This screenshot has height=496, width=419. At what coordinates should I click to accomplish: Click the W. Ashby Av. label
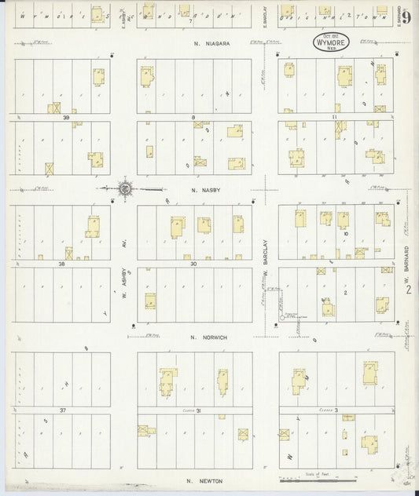(x=124, y=287)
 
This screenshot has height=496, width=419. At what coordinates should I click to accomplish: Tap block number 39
(x=67, y=118)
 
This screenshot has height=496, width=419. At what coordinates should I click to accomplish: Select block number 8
(x=193, y=118)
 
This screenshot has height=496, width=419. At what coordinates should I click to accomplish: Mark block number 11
(x=334, y=118)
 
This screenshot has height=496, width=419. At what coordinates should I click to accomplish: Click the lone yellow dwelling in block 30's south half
(x=150, y=301)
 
